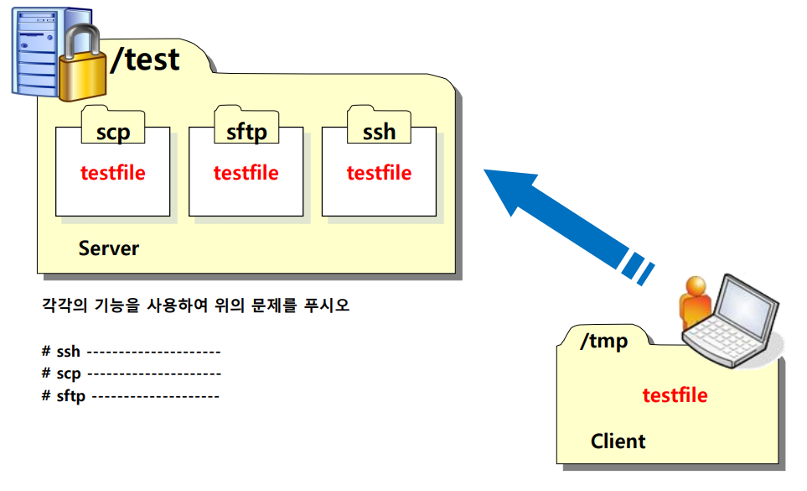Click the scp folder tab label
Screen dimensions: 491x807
(x=113, y=132)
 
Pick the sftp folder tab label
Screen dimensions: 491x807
(x=246, y=132)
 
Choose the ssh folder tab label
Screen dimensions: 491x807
(x=379, y=132)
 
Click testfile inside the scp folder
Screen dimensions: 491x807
(x=112, y=173)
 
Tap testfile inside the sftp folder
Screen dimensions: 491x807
(x=246, y=173)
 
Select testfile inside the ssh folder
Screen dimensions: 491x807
(x=379, y=173)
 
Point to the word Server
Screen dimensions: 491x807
(x=108, y=248)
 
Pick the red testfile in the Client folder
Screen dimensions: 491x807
(x=675, y=394)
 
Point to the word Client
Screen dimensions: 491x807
(x=618, y=441)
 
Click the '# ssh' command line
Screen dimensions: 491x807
(x=131, y=352)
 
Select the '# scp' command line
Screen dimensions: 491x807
(x=131, y=373)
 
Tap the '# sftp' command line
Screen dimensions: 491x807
(x=131, y=395)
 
